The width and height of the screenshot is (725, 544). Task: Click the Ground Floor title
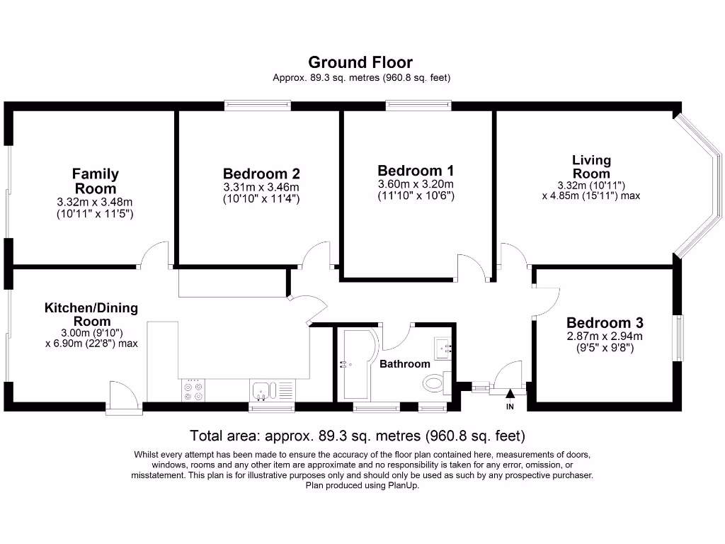pyautogui.click(x=360, y=62)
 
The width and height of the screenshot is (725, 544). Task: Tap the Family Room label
pyautogui.click(x=96, y=181)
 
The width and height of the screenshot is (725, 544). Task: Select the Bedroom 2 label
pyautogui.click(x=261, y=174)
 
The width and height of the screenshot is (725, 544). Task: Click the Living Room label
pyautogui.click(x=591, y=167)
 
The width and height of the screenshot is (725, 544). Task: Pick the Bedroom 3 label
pyautogui.click(x=605, y=322)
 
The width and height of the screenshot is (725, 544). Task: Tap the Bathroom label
pyautogui.click(x=405, y=364)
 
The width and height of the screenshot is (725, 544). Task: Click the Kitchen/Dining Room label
pyautogui.click(x=91, y=314)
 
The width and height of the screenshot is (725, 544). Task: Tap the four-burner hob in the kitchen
pyautogui.click(x=192, y=390)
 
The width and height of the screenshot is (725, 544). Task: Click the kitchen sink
pyautogui.click(x=261, y=390)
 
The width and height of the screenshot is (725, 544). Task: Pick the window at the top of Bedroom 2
pyautogui.click(x=258, y=106)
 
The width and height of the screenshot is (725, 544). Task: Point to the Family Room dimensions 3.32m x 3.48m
pyautogui.click(x=96, y=207)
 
